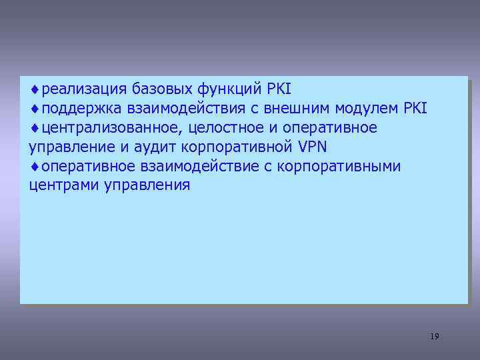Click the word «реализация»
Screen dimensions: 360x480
pos(84,89)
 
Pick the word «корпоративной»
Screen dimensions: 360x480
pos(237,146)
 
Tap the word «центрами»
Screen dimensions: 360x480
pos(64,185)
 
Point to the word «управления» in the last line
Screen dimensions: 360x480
pos(147,185)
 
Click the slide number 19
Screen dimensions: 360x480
pos(434,336)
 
